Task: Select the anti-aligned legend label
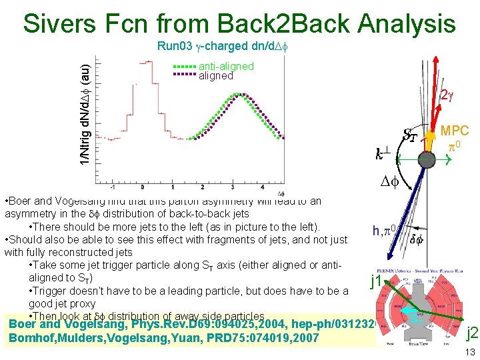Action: (226, 66)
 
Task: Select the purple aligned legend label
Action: (216, 76)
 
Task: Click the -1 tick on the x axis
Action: (114, 186)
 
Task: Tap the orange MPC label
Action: (455, 131)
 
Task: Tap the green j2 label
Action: (471, 333)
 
